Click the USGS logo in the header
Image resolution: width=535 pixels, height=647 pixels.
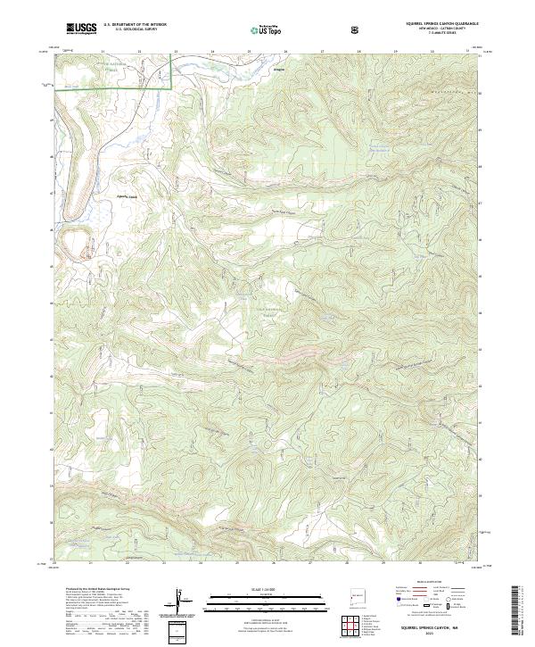(81, 29)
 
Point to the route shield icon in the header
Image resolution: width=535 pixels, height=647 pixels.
(358, 29)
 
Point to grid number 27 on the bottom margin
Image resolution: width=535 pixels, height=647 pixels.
(309, 563)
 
